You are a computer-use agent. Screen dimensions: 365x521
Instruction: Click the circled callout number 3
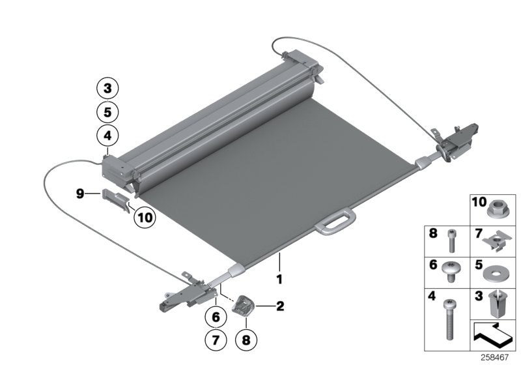[x=107, y=88]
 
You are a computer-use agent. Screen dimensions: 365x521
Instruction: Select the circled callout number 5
[x=107, y=112]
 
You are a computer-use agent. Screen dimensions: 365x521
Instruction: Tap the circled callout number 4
[x=107, y=136]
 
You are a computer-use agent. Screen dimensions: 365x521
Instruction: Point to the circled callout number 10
[x=145, y=218]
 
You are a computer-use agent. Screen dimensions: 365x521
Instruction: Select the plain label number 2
[x=281, y=304]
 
